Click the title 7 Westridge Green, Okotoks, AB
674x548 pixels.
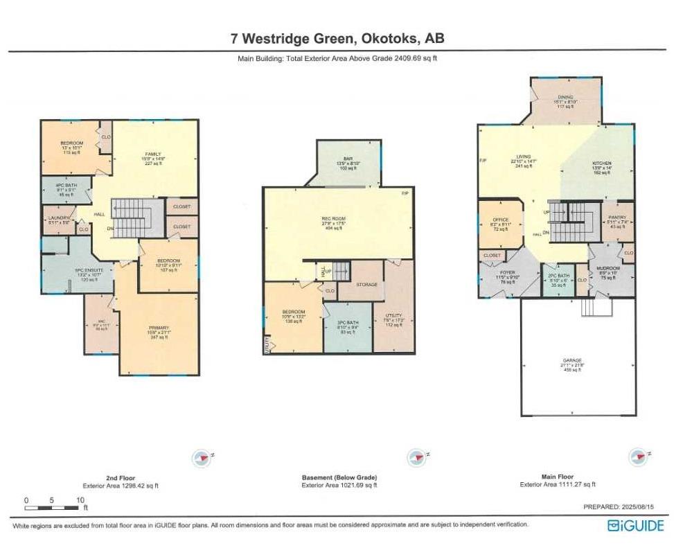[x=337, y=39]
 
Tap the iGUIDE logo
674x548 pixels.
[x=635, y=525]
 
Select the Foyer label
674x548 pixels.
[x=507, y=278]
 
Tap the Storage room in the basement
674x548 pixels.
[x=366, y=284]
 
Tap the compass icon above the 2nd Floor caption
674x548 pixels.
[x=202, y=457]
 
